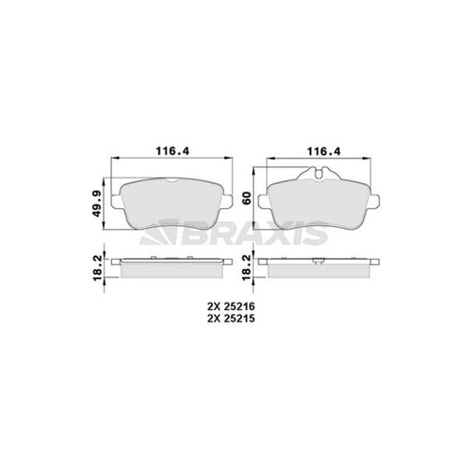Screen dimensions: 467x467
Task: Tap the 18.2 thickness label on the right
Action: (x=246, y=267)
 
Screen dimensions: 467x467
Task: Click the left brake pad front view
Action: (x=168, y=204)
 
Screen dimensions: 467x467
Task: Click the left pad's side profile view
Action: (x=168, y=268)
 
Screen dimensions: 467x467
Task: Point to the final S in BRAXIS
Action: (x=316, y=234)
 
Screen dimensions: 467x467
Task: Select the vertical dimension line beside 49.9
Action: (x=107, y=199)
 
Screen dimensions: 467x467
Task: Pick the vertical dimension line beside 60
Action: (x=259, y=197)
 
